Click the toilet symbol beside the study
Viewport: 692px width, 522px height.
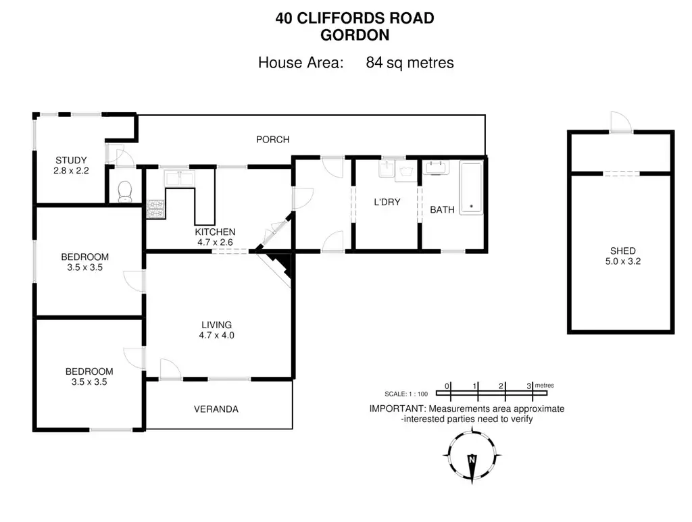pos(124,192)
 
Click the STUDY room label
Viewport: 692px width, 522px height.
pos(71,160)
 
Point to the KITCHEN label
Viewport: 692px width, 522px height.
pos(216,232)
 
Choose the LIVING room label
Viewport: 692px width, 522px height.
pos(216,324)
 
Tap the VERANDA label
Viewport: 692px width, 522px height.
pos(216,409)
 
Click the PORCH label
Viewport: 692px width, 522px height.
pos(272,140)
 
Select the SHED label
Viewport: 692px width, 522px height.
pos(622,251)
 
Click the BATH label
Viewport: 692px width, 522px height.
pos(442,209)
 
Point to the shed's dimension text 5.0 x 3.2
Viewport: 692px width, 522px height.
pos(622,261)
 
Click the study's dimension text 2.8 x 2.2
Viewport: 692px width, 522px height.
pos(71,171)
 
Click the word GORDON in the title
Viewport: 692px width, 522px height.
pos(354,34)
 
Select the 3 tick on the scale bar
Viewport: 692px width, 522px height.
pos(529,386)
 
